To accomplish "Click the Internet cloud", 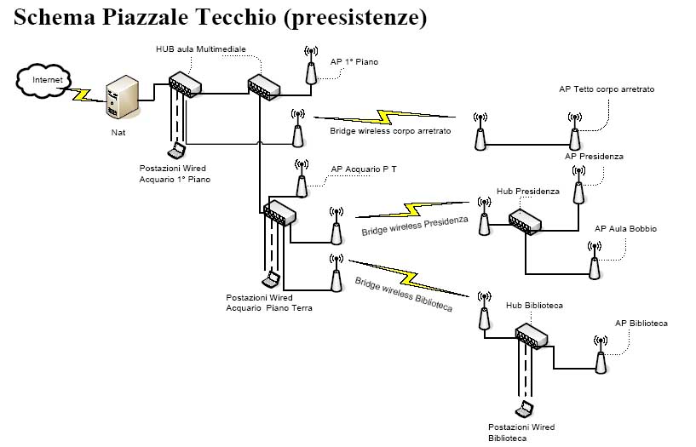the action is click(x=43, y=81).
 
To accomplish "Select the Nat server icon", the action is click(x=122, y=97).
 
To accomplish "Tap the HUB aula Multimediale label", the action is click(x=201, y=49).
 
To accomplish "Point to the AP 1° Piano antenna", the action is click(x=311, y=66).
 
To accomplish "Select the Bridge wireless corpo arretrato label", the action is click(x=390, y=131).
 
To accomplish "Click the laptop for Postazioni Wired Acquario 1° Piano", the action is click(x=176, y=150).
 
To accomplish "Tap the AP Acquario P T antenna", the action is click(x=302, y=179).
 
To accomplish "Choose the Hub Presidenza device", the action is click(x=525, y=221).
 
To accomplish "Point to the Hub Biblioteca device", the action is click(x=532, y=336).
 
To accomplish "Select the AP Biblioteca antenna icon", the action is click(x=601, y=355).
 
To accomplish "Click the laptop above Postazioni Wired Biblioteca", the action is click(x=524, y=410).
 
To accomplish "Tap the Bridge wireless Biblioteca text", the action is click(x=404, y=295).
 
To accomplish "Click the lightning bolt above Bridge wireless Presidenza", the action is click(x=412, y=209).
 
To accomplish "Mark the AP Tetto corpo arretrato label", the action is click(x=607, y=89).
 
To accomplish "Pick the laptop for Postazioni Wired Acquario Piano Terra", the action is click(x=272, y=279).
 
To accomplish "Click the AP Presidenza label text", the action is click(x=594, y=157).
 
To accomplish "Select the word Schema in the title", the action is click(x=55, y=17).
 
